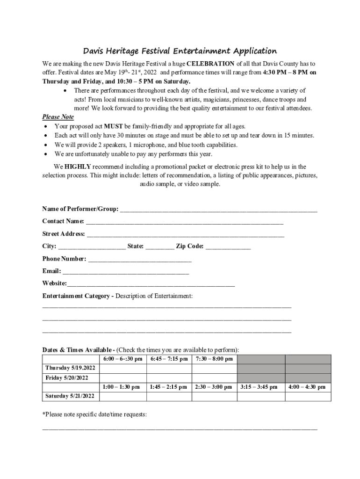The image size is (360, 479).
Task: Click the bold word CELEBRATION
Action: click(210, 64)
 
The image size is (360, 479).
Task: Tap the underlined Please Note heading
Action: click(58, 117)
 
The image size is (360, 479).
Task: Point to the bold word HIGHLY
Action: click(78, 167)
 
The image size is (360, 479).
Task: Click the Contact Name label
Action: click(63, 221)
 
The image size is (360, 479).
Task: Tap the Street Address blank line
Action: click(185, 234)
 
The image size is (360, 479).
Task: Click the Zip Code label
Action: click(189, 247)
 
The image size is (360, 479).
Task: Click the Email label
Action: click(51, 271)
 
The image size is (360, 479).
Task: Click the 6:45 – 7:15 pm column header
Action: click(169, 359)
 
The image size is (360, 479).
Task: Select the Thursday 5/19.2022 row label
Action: click(70, 369)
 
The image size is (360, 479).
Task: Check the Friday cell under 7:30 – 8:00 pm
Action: click(214, 378)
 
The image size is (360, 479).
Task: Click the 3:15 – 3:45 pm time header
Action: click(259, 387)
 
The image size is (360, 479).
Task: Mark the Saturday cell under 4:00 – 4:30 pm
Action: click(308, 397)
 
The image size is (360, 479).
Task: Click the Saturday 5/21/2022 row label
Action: click(70, 397)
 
